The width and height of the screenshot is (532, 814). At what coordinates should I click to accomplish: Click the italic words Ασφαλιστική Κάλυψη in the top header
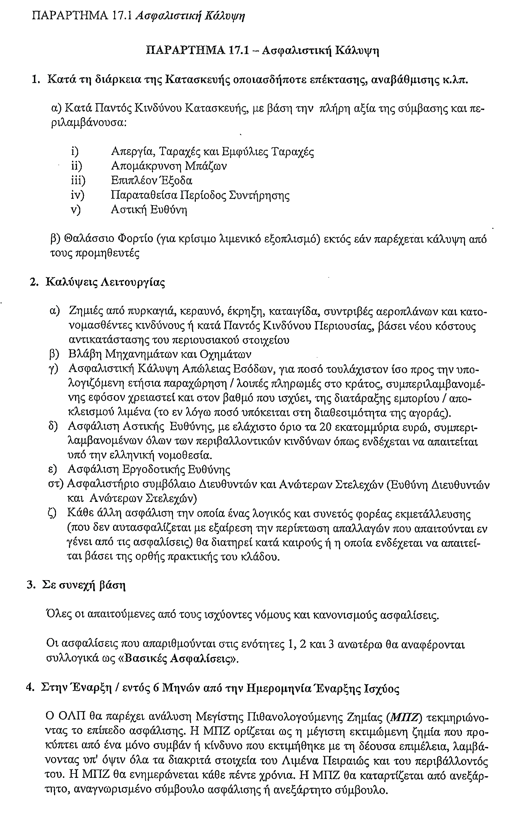(190, 16)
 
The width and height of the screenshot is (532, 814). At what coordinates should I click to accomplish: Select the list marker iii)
(78, 180)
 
